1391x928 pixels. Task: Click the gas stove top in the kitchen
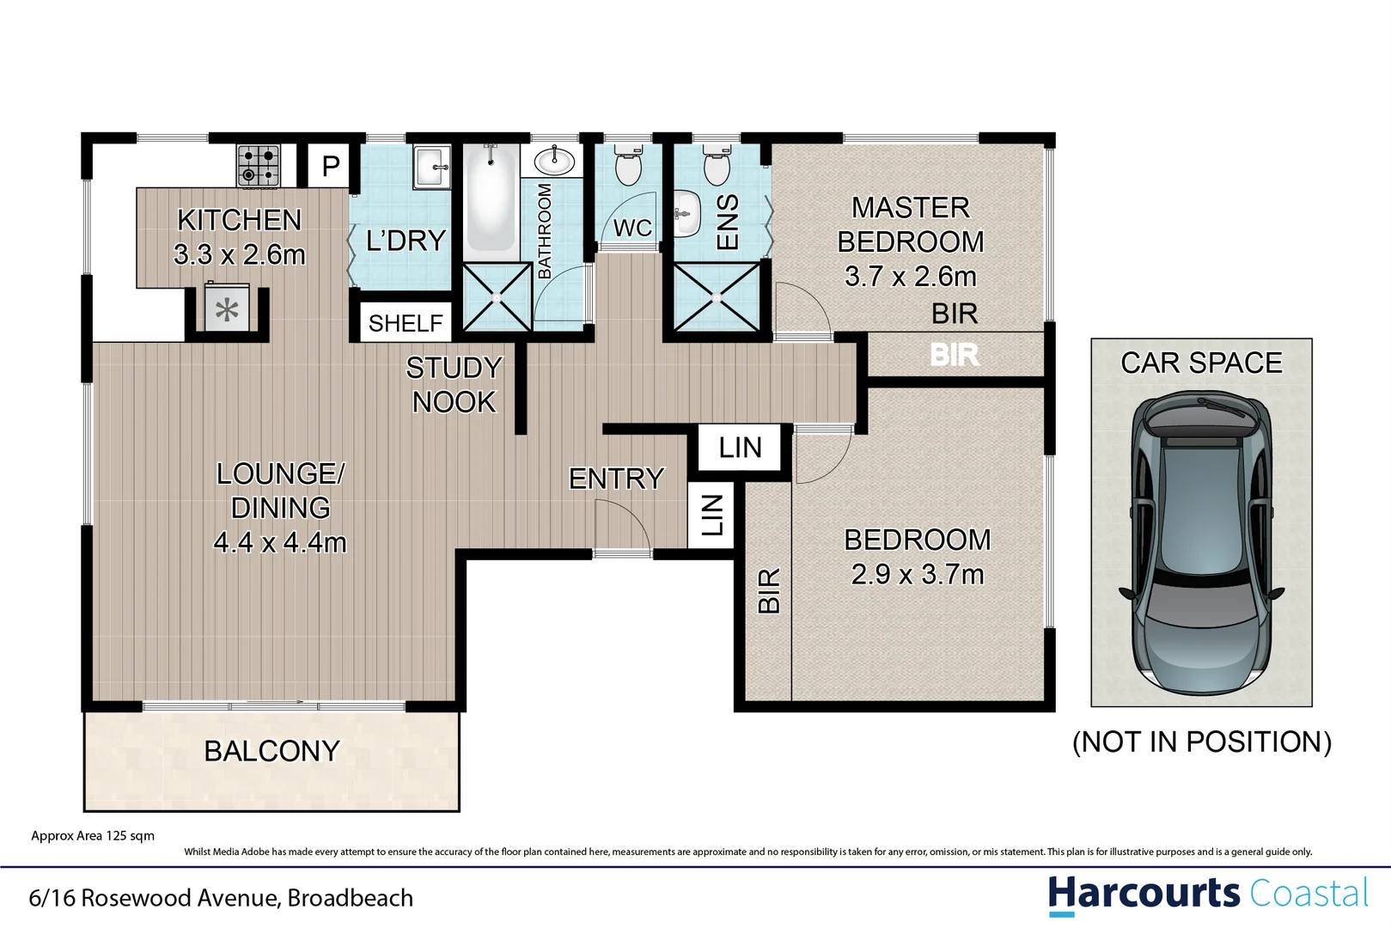pyautogui.click(x=258, y=166)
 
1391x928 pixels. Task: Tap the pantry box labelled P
pyautogui.click(x=330, y=165)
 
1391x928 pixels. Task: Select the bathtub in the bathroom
pyautogui.click(x=491, y=199)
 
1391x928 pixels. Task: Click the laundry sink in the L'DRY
pyautogui.click(x=431, y=166)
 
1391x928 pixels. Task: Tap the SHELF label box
pyautogui.click(x=405, y=323)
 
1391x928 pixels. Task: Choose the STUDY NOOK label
pyautogui.click(x=454, y=385)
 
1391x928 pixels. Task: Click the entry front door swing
pyautogui.click(x=620, y=527)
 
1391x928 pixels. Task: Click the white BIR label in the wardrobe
pyautogui.click(x=955, y=355)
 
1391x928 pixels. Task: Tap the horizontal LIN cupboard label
pyautogui.click(x=740, y=448)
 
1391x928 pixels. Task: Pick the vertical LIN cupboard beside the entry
pyautogui.click(x=711, y=516)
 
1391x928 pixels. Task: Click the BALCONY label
pyautogui.click(x=271, y=751)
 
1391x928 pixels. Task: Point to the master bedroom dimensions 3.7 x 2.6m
pyautogui.click(x=910, y=277)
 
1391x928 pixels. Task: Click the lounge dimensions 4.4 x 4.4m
pyautogui.click(x=279, y=542)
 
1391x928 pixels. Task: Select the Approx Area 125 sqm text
pyautogui.click(x=93, y=835)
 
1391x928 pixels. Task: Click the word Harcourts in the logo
pyautogui.click(x=1143, y=894)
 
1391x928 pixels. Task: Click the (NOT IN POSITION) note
pyautogui.click(x=1201, y=742)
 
